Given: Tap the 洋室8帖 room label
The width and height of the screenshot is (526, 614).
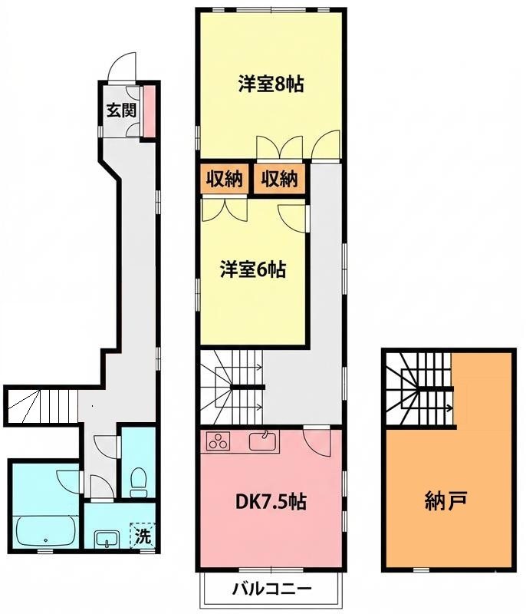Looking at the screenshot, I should coord(270,84).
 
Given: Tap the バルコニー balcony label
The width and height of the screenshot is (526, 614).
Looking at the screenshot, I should coord(272,589).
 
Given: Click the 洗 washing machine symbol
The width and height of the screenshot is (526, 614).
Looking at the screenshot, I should coord(143,536).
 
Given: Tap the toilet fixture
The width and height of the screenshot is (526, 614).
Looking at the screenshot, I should coord(140,480).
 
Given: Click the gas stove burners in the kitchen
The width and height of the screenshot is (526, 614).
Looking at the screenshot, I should coord(218,441).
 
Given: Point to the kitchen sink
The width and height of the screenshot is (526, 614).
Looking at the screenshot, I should coord(263,441).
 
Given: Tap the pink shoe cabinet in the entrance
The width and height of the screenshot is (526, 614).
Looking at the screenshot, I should coord(150,110).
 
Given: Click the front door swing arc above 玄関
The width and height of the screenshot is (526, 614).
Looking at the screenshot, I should coord(123,68).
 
